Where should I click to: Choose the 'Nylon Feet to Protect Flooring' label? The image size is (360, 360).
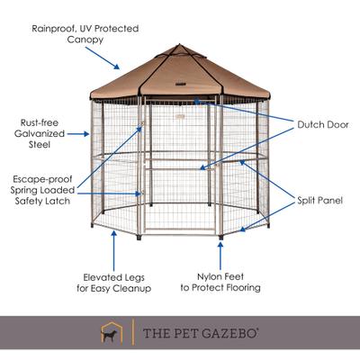(x=220, y=282)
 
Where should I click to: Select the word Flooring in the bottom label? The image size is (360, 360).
(x=240, y=288)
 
